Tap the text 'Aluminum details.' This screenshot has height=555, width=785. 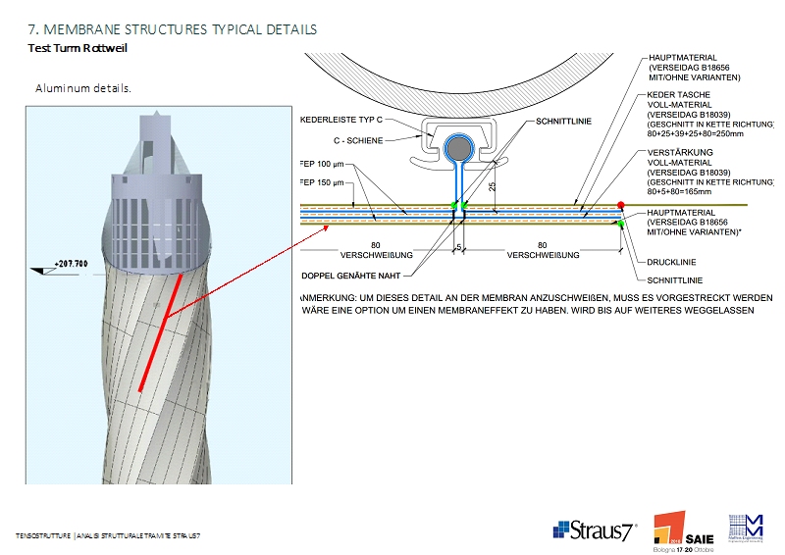coord(83,88)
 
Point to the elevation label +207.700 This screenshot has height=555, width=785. coord(71,264)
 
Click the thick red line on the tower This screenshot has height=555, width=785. coord(159,333)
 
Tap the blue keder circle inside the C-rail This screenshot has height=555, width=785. coord(457,149)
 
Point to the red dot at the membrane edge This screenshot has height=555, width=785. coord(621,205)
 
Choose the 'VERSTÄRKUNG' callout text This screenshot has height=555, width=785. coord(678,153)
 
